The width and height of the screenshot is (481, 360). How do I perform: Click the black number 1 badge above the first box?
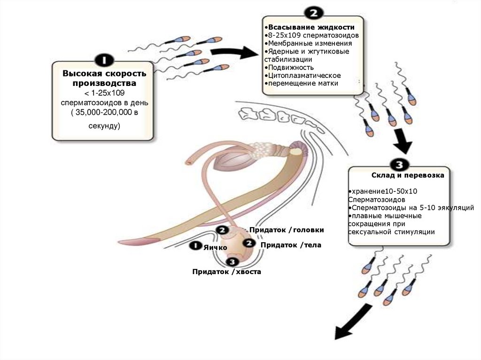click(103, 60)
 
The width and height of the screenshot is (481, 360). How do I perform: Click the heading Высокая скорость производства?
click(104, 78)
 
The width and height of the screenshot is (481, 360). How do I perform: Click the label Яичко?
click(216, 247)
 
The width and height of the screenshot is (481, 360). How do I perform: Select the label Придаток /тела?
click(291, 245)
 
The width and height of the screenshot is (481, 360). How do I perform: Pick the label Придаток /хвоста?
click(226, 272)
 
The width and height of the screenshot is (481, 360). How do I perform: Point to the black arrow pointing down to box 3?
click(402, 141)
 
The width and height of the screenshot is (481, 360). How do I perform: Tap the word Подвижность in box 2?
click(284, 67)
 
